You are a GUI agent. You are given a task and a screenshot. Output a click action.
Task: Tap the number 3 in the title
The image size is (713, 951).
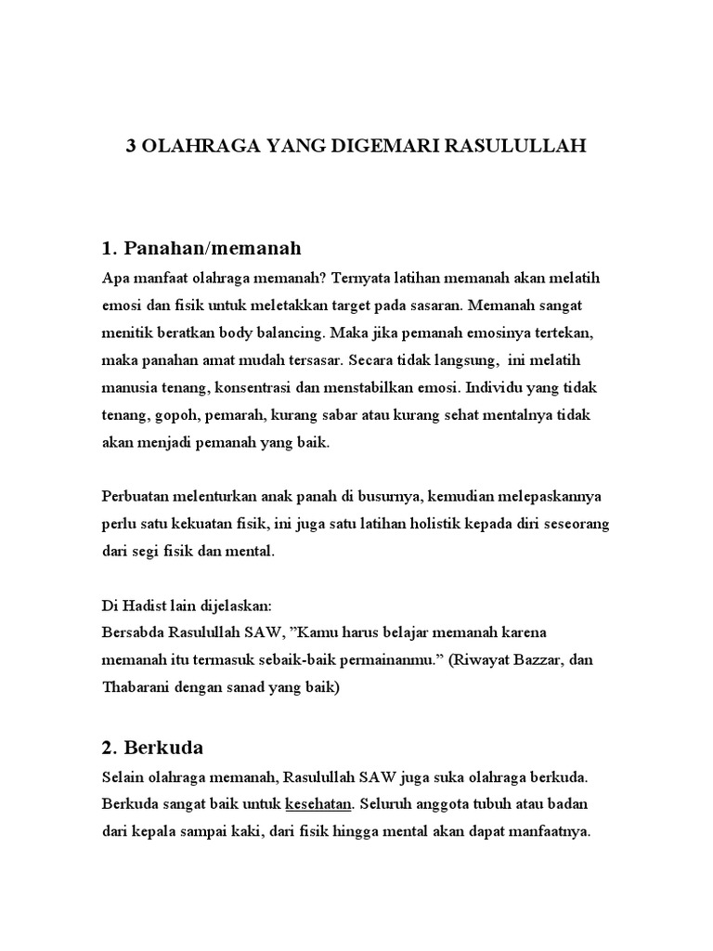click(x=131, y=148)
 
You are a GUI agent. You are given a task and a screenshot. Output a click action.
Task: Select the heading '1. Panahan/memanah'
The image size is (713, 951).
click(x=201, y=248)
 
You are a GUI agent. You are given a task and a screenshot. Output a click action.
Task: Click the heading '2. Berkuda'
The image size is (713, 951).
click(x=152, y=747)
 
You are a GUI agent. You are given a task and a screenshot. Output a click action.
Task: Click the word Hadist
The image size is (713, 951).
click(x=140, y=606)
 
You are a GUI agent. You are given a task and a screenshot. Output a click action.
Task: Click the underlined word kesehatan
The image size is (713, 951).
click(x=318, y=803)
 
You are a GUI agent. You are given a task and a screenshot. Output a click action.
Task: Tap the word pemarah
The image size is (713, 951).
click(x=221, y=414)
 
